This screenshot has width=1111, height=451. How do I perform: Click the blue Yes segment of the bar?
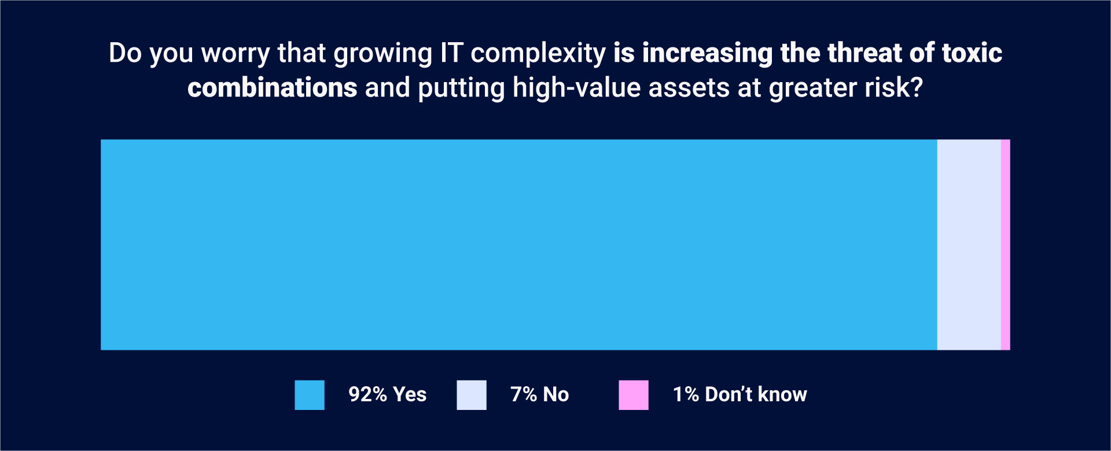pos(518,245)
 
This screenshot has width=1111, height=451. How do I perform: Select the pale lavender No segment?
pos(969,245)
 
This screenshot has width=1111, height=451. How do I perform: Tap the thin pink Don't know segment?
pos(1005,245)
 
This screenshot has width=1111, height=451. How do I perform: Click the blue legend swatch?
pos(310,395)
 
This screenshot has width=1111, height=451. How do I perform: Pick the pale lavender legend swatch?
pos(472,395)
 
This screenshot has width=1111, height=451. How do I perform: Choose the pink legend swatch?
pos(634,395)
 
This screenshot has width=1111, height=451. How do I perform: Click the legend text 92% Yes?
pos(387,394)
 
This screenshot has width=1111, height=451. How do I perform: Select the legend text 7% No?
pos(539,394)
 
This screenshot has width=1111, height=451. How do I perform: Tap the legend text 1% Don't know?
pos(740,394)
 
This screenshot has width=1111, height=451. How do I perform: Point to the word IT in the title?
pos(452,53)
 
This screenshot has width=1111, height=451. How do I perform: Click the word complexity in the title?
pos(538,54)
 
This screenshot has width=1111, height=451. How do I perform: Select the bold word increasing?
pos(707,54)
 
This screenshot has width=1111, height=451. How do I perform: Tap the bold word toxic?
pos(972,53)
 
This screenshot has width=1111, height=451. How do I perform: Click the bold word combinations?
pos(272,88)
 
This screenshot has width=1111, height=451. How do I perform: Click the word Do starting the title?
pos(125,53)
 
